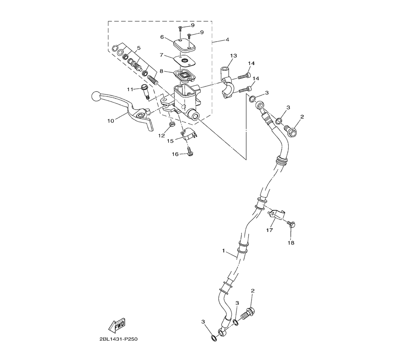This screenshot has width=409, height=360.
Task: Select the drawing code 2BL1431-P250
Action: coord(119,339)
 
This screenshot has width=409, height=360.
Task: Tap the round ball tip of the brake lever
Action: coord(96,97)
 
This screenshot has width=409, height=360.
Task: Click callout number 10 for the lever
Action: coord(110,121)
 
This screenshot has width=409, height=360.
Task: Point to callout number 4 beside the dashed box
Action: coord(227,40)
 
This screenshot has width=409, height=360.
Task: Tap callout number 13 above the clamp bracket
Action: coord(234,56)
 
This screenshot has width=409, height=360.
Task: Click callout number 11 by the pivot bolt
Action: coord(130,89)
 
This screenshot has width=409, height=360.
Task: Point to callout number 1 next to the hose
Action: coord(223,251)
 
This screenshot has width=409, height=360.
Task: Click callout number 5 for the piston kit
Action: coord(139,48)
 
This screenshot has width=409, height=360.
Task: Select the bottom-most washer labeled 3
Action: coord(213,338)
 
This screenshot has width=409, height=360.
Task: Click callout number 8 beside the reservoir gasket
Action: coord(162,71)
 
